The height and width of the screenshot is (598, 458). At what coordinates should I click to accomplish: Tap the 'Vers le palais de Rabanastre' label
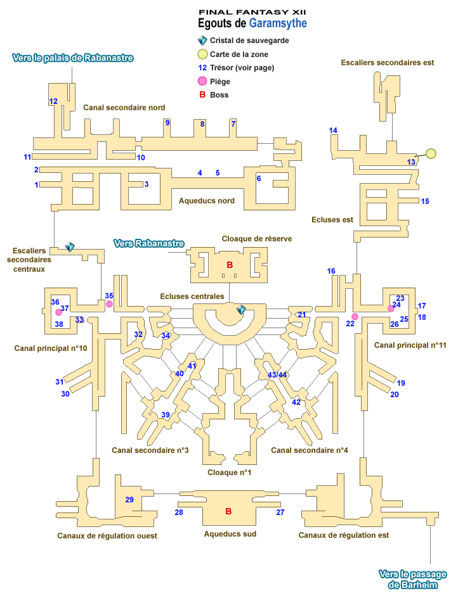pyautogui.click(x=73, y=58)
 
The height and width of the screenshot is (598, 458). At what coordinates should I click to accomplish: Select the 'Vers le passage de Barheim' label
pyautogui.click(x=412, y=580)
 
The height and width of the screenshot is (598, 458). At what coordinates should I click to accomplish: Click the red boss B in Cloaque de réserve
pyautogui.click(x=230, y=265)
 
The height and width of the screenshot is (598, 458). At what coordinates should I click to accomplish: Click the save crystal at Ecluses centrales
pyautogui.click(x=241, y=310)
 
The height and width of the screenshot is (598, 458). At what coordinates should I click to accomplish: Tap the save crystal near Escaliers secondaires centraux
pyautogui.click(x=70, y=247)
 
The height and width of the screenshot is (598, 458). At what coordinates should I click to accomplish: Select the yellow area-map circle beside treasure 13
pyautogui.click(x=431, y=153)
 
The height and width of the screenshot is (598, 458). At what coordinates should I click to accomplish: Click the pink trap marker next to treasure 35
pyautogui.click(x=110, y=305)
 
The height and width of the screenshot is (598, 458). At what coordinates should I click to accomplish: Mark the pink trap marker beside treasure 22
pyautogui.click(x=355, y=317)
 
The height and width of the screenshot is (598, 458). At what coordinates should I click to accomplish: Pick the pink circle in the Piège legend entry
pyautogui.click(x=202, y=80)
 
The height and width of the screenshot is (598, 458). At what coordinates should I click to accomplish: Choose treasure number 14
pyautogui.click(x=333, y=130)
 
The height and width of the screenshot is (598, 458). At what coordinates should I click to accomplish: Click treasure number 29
pyautogui.click(x=129, y=500)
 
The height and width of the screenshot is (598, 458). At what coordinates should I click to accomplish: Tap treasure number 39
pyautogui.click(x=166, y=415)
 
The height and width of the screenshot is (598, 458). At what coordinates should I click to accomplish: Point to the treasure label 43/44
pyautogui.click(x=278, y=375)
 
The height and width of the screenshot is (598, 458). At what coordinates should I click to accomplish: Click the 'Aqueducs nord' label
pyautogui.click(x=207, y=201)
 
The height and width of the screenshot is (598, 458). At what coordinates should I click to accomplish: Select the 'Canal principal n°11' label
pyautogui.click(x=410, y=345)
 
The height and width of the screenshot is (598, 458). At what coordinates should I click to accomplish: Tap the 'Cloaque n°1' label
pyautogui.click(x=230, y=472)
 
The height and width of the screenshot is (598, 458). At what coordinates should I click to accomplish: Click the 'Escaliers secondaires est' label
pyautogui.click(x=388, y=63)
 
